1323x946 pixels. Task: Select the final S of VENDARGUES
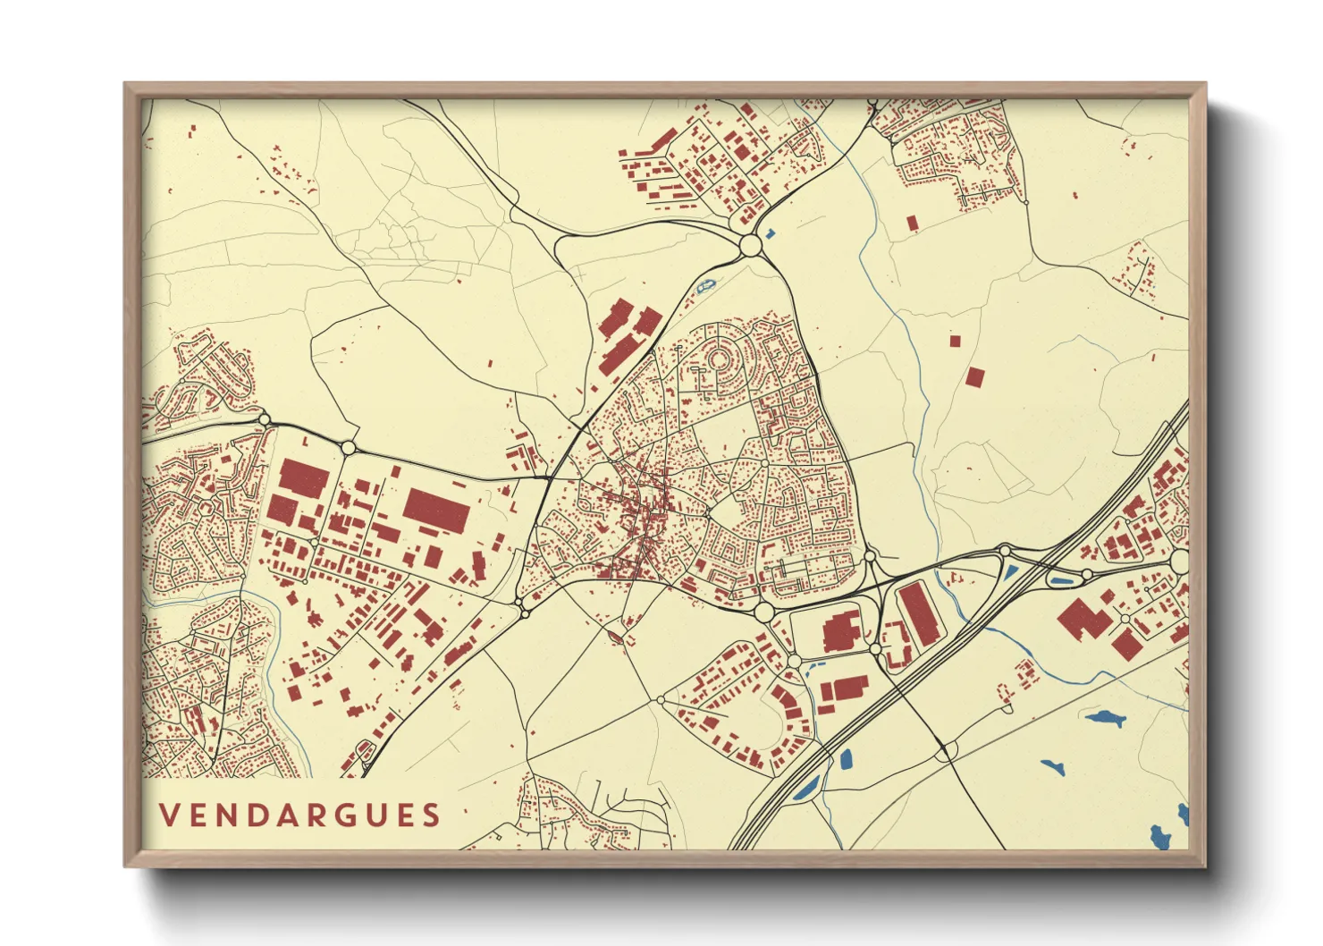tap(433, 815)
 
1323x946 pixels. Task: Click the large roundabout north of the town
tap(750, 244)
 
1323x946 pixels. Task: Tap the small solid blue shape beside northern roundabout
tap(771, 233)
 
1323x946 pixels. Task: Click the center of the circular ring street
tap(718, 360)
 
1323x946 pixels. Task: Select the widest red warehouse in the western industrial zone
tap(436, 511)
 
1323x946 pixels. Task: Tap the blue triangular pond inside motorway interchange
tap(1009, 573)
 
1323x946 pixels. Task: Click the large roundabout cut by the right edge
tap(1179, 562)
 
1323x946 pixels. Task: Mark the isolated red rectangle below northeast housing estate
tap(912, 223)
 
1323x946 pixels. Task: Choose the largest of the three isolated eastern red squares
tap(974, 376)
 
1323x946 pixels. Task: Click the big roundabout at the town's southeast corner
tap(763, 612)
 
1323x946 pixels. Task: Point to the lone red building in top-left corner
tap(191, 131)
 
